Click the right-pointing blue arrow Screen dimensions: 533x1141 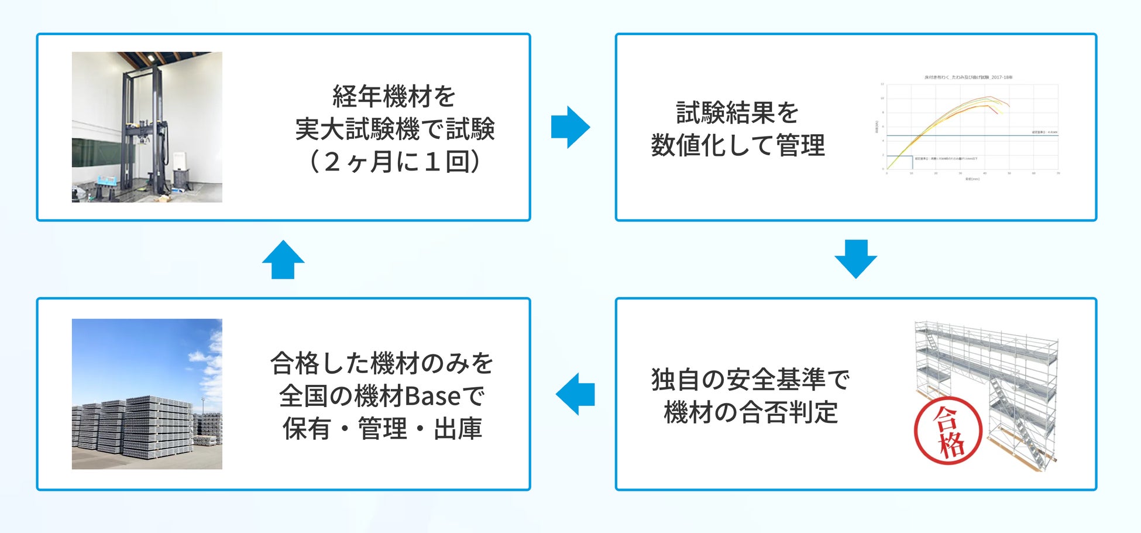pos(570,127)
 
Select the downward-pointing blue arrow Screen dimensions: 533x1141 pos(855,258)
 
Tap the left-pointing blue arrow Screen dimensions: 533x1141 pos(575,394)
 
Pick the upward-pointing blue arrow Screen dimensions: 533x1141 pos(283,259)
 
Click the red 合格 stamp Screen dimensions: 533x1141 pos(948,433)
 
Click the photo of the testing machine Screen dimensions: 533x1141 pos(147,127)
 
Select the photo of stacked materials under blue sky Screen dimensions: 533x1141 pos(147,394)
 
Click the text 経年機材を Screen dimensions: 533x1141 pos(394,97)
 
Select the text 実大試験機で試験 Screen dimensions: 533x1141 pos(395,129)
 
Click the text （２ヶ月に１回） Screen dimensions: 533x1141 pos(394,162)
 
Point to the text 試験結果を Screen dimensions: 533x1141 pos(737,112)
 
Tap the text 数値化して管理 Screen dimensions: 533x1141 pos(738,145)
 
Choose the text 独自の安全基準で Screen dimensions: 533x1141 pos(750,380)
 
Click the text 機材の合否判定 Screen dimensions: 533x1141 pos(751,412)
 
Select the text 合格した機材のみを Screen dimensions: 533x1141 pos(382,363)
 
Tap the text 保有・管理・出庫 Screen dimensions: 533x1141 pos(382,429)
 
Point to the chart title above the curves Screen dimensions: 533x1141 pos(968,77)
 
